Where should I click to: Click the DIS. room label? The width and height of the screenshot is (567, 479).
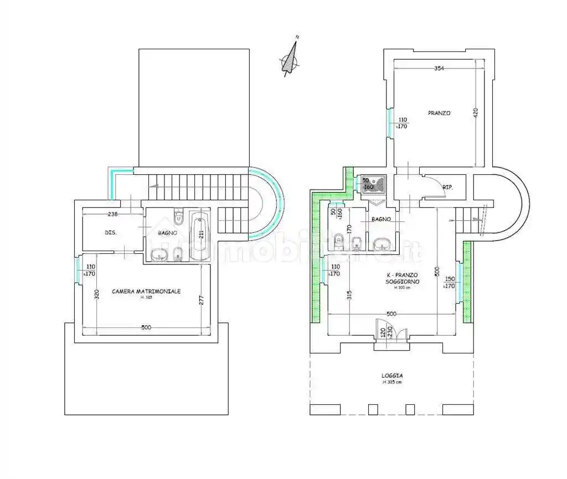point(110,233)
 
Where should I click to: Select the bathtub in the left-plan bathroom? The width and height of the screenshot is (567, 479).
point(200,237)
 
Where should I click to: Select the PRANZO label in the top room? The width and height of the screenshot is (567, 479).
point(439,113)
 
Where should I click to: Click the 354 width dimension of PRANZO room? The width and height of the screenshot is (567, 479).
point(439,68)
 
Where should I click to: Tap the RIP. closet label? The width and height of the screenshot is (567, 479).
point(447,187)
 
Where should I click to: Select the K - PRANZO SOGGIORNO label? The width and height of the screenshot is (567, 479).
point(403,278)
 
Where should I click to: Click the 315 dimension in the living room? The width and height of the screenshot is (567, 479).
point(349,296)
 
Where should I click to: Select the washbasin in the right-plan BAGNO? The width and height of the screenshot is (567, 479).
point(381,243)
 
